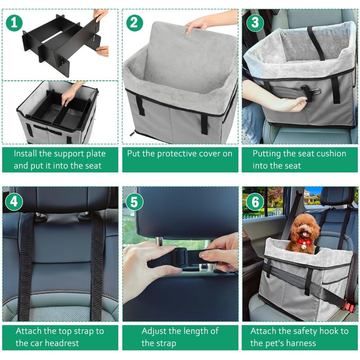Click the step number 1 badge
pyautogui.click(x=14, y=23)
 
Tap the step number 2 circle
pyautogui.click(x=134, y=23)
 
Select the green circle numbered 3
pyautogui.click(x=255, y=23)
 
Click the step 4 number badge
pyautogui.click(x=14, y=202)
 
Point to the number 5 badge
pyautogui.click(x=135, y=202)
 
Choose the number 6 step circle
pyautogui.click(x=255, y=202)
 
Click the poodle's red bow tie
pyautogui.click(x=304, y=242)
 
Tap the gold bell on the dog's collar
pyautogui.click(x=304, y=247)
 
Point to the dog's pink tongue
pyautogui.click(x=304, y=234)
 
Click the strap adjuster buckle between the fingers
pyautogui.click(x=181, y=258)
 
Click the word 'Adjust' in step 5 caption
pyautogui.click(x=154, y=331)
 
